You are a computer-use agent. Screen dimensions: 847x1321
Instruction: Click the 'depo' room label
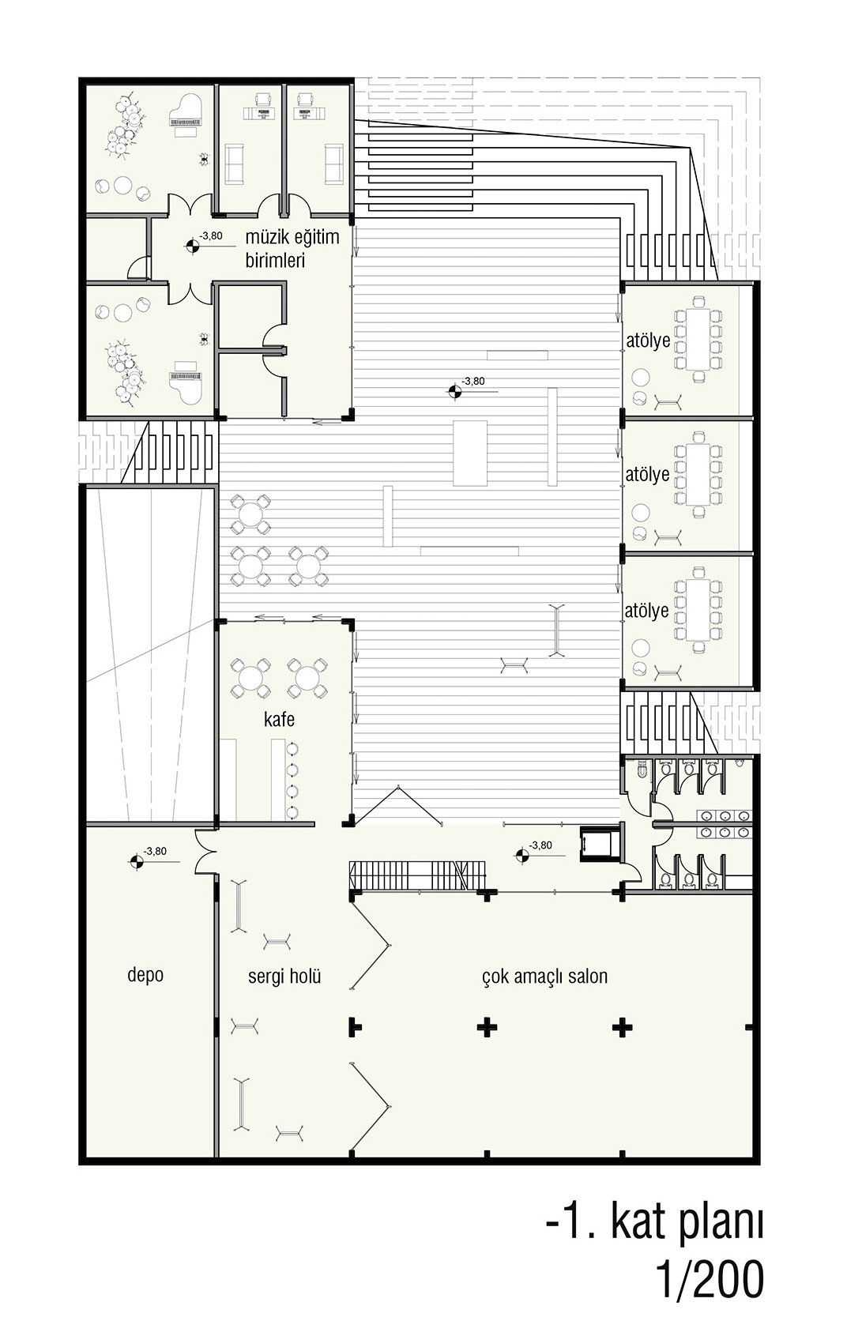pyautogui.click(x=145, y=975)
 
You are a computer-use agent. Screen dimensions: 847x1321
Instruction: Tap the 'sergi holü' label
pyautogui.click(x=284, y=977)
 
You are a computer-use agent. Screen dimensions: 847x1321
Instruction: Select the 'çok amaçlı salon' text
pyautogui.click(x=544, y=976)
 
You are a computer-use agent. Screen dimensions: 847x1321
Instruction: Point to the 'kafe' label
pyautogui.click(x=279, y=720)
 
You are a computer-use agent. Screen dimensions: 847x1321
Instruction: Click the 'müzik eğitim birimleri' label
pyautogui.click(x=292, y=248)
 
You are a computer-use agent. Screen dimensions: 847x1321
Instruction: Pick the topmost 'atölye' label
pyautogui.click(x=648, y=341)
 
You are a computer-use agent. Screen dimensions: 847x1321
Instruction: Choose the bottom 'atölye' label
pyautogui.click(x=646, y=611)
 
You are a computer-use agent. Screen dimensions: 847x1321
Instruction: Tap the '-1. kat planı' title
pyautogui.click(x=655, y=1221)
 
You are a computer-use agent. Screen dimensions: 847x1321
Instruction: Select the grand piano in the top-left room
pyautogui.click(x=186, y=115)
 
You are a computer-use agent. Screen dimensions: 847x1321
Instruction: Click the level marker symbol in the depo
pyautogui.click(x=137, y=862)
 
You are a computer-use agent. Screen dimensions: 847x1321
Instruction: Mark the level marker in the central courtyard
pyautogui.click(x=455, y=391)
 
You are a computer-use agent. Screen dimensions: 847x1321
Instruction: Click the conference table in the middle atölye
pyautogui.click(x=698, y=475)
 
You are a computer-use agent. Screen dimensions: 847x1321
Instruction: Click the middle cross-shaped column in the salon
pyautogui.click(x=487, y=1027)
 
